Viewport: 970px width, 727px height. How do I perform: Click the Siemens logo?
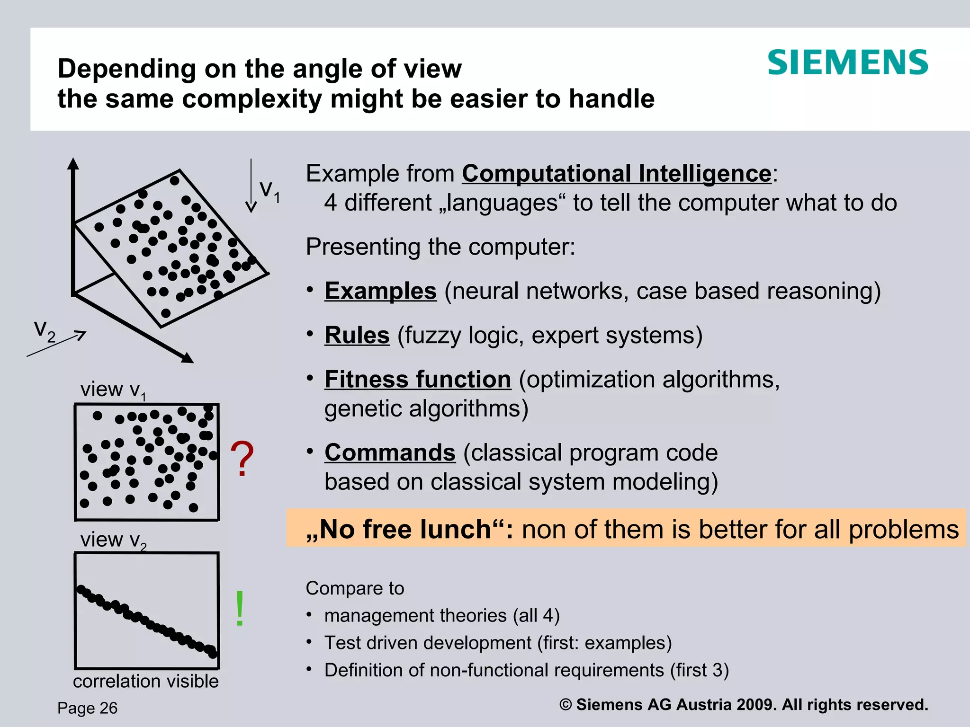tap(847, 62)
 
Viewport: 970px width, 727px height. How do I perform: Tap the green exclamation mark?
tap(240, 609)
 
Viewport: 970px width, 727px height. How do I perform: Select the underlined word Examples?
tap(380, 291)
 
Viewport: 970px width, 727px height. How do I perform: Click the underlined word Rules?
tap(357, 335)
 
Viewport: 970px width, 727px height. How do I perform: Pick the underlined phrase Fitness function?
tap(418, 379)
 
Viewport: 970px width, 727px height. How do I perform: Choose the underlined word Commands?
tap(390, 452)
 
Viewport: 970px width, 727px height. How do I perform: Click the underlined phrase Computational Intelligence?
tap(617, 173)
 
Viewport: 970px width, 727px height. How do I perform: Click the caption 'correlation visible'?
tap(146, 681)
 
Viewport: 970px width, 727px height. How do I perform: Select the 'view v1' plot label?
tap(113, 390)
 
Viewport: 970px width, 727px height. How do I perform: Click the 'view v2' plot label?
tap(113, 540)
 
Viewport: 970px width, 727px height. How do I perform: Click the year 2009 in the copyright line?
tap(754, 705)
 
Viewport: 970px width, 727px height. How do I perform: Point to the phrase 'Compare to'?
tap(355, 588)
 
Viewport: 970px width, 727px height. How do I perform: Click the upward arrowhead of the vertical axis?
tap(73, 163)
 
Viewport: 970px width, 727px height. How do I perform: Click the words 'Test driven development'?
tap(428, 643)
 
